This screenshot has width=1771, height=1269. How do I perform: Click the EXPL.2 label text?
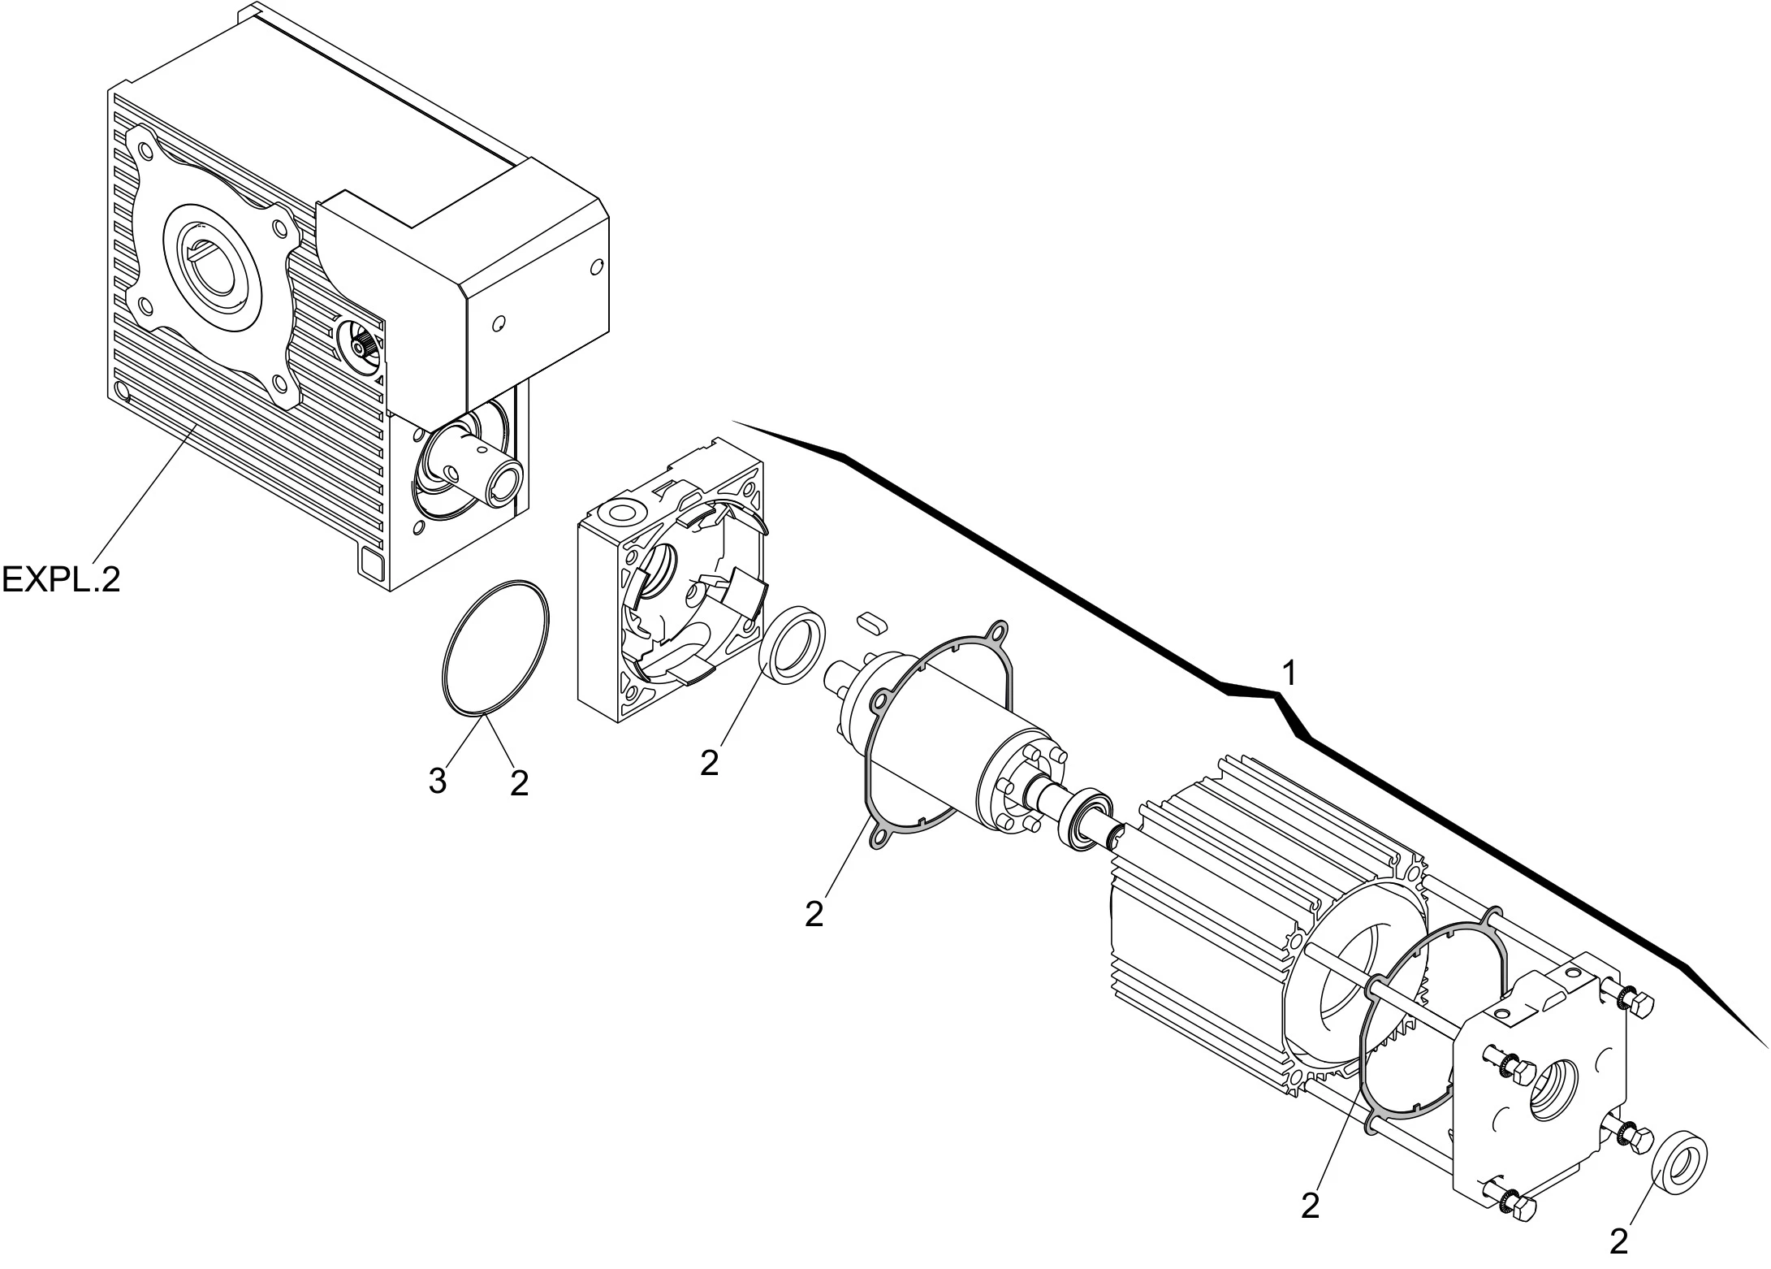tap(61, 579)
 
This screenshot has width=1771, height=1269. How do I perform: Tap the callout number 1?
tap(1288, 673)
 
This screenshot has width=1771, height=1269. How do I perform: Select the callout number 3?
tap(438, 782)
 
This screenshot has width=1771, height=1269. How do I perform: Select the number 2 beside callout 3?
tap(519, 782)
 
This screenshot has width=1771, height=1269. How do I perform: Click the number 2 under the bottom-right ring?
tap(1619, 1241)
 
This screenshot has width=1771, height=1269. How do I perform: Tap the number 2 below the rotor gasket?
tap(814, 914)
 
